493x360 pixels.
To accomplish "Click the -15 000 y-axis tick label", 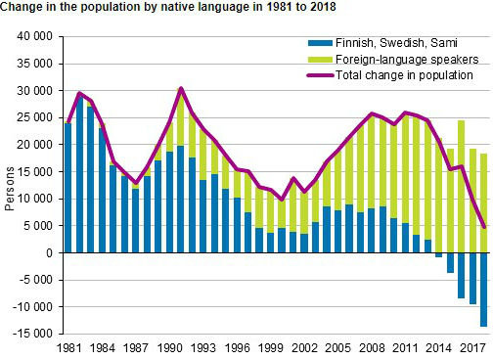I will pos(35,334).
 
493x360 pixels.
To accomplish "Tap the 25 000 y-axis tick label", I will pos(36,117).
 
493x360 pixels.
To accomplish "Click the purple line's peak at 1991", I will pos(181,88).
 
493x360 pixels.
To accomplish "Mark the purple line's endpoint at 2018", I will pos(484,228).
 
